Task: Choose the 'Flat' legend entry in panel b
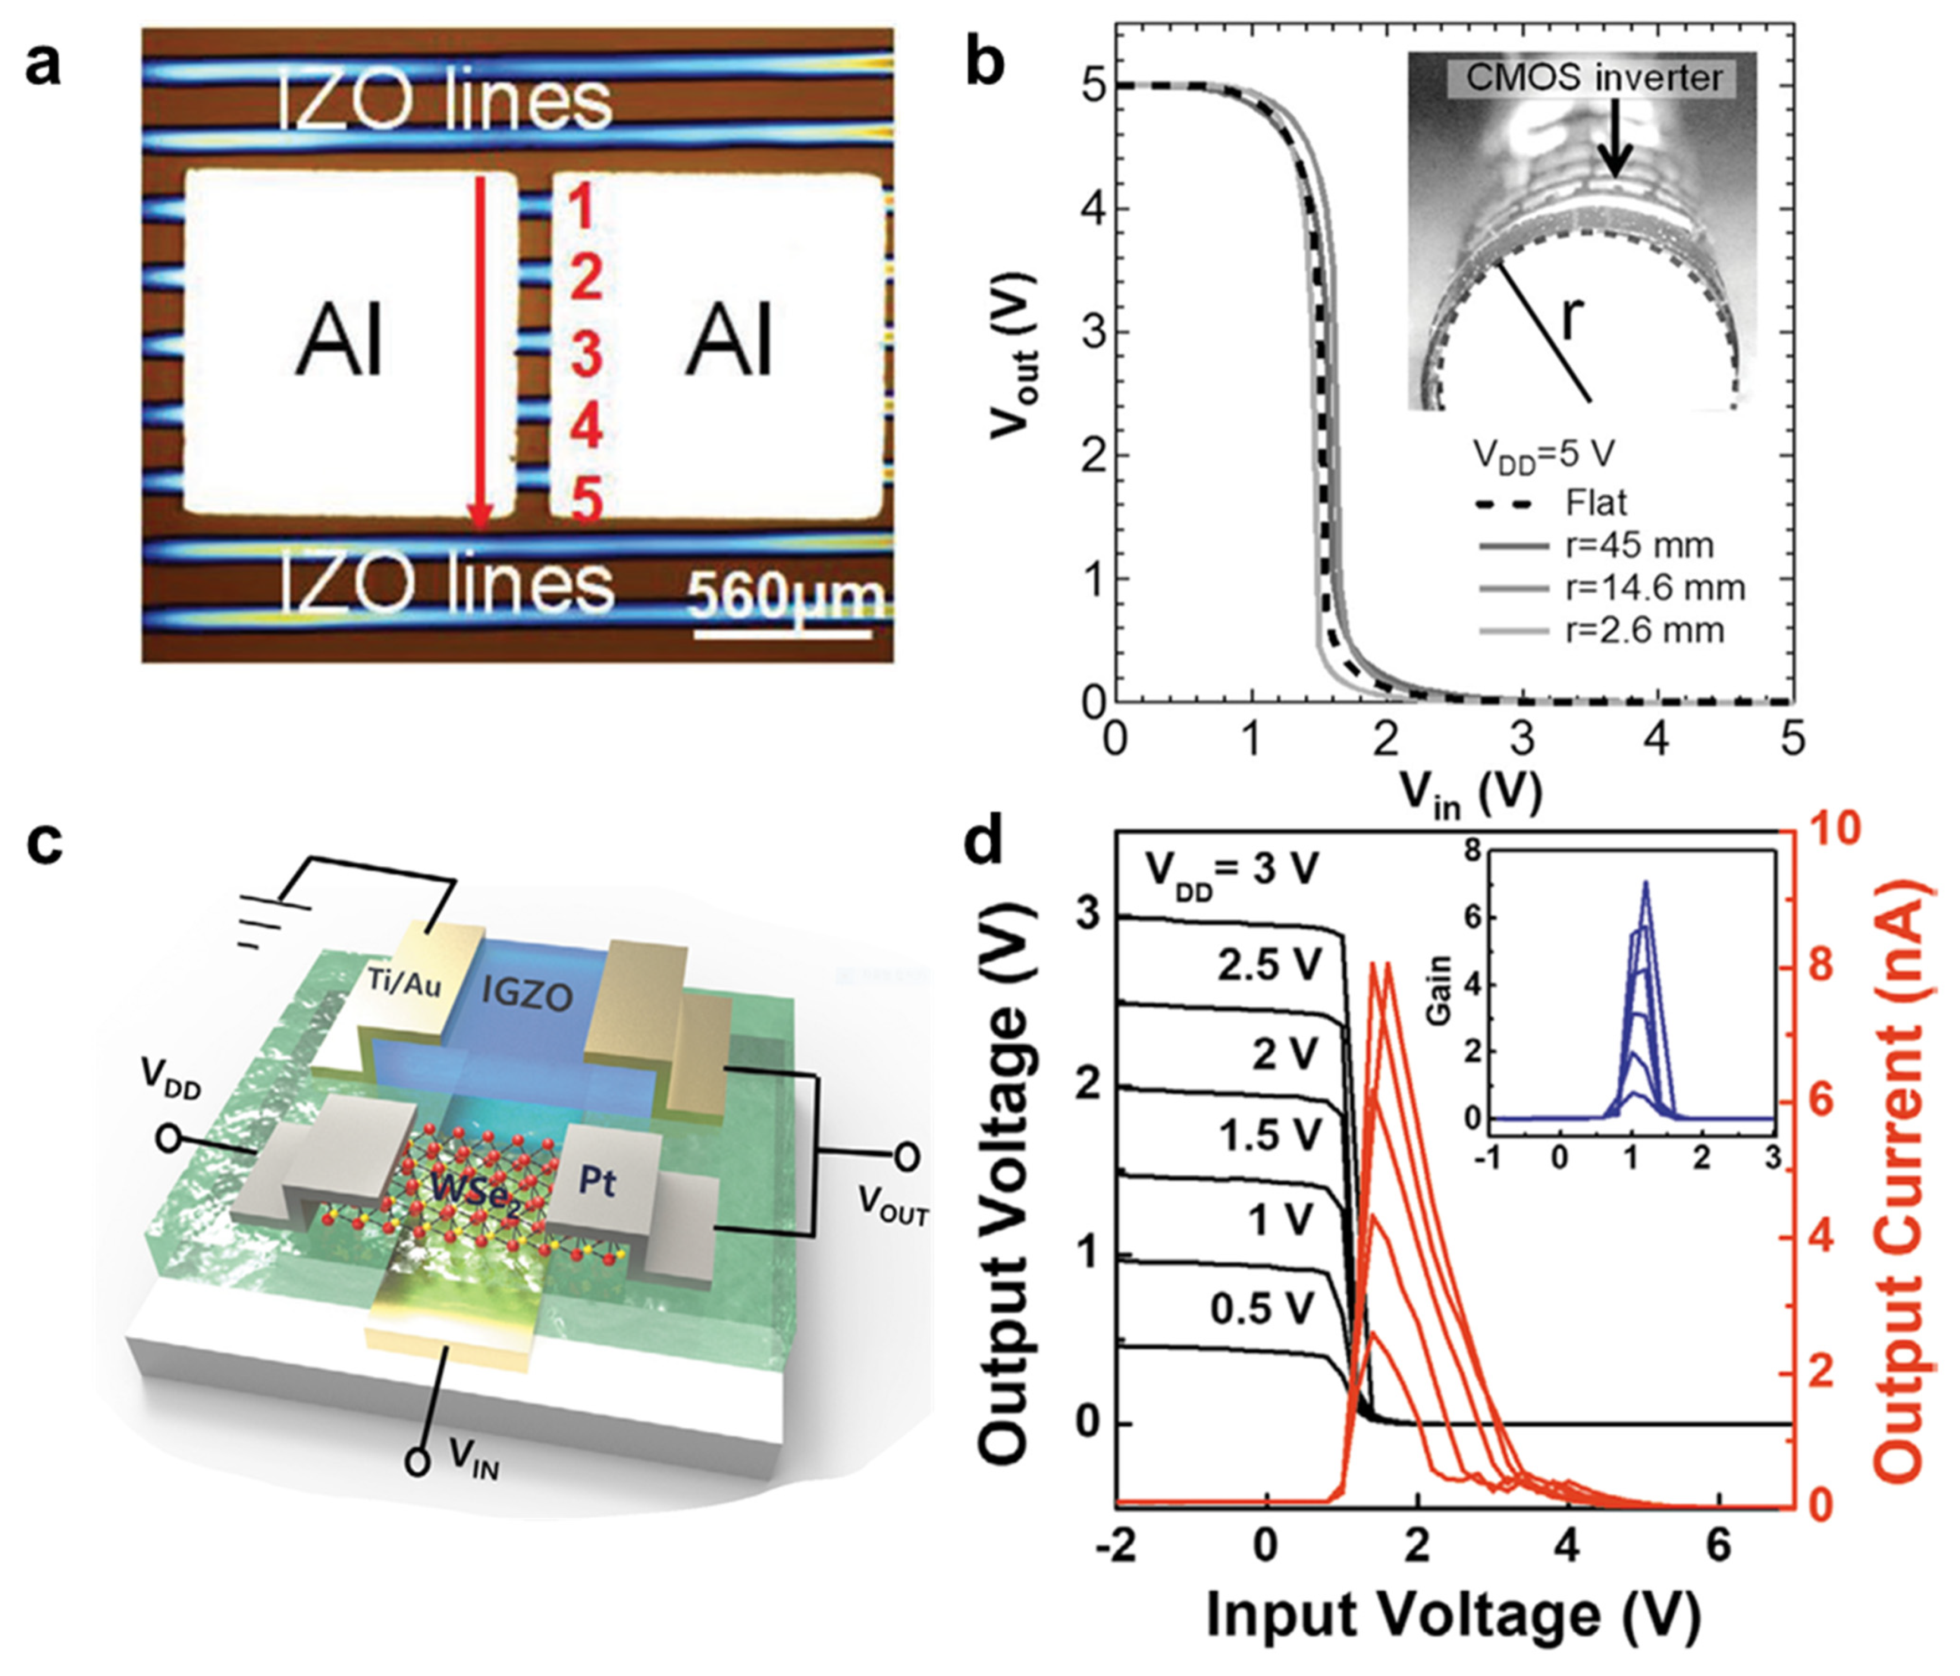click(1596, 502)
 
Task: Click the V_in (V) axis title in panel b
click(1471, 790)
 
